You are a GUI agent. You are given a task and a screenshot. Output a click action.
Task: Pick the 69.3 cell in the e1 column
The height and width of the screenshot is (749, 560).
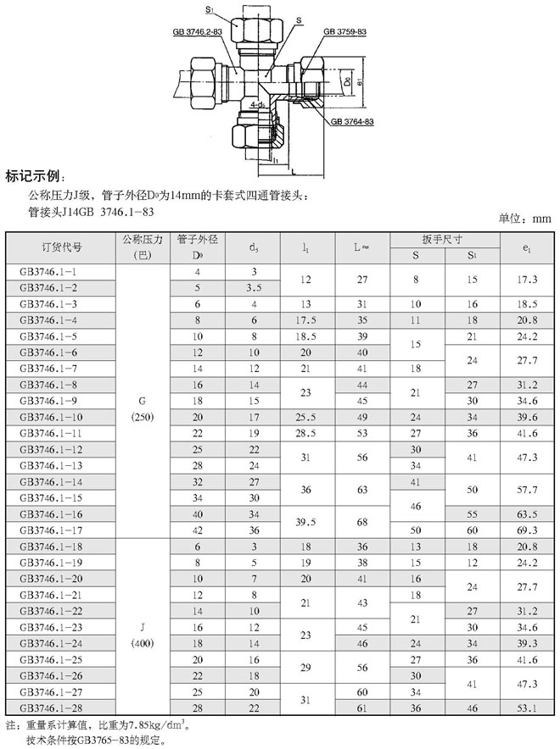(529, 530)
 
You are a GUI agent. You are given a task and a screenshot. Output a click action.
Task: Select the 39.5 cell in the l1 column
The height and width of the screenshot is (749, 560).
(306, 521)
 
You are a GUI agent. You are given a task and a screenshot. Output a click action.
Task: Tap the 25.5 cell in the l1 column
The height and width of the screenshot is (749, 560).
(306, 417)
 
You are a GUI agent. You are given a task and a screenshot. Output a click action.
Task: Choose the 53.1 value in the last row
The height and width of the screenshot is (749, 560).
(529, 707)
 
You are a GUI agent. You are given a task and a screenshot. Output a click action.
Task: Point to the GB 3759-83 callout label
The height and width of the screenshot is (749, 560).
(344, 32)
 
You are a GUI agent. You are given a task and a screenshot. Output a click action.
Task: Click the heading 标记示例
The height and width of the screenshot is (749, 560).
(35, 177)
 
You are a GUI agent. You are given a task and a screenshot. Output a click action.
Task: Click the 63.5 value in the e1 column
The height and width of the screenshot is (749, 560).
(529, 513)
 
